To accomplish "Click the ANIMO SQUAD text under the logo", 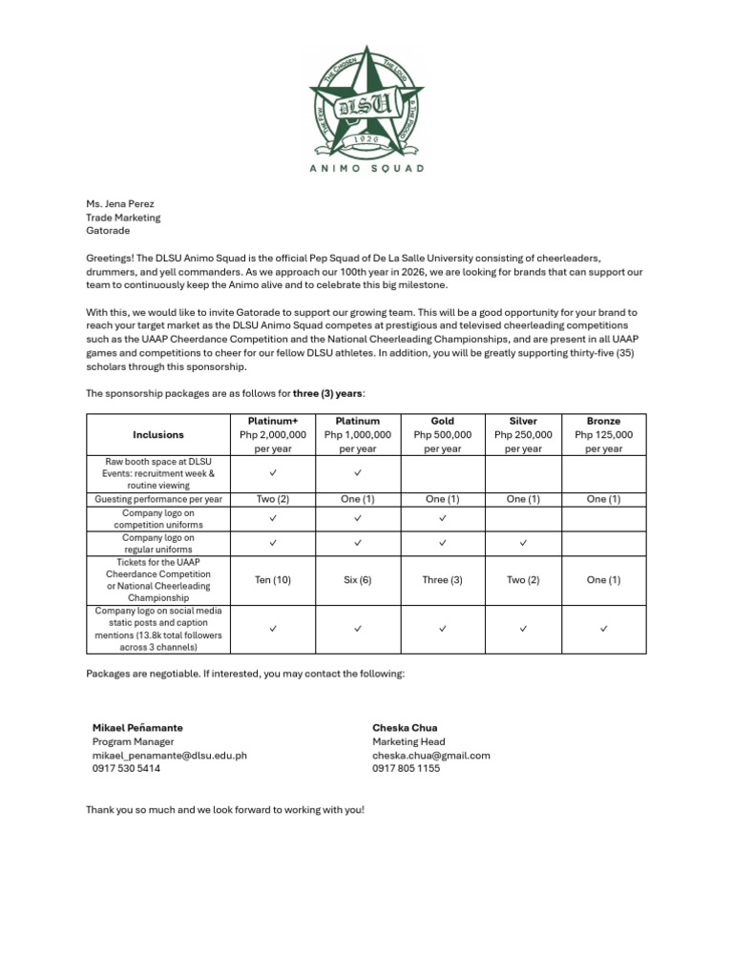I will (x=366, y=168).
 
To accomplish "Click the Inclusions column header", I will (x=158, y=434).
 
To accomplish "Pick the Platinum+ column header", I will (x=272, y=421).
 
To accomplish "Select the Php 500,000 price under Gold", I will (x=442, y=434).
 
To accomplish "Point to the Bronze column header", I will (x=603, y=421).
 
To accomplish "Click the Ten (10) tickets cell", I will (x=272, y=580).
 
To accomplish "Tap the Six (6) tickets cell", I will (x=357, y=580).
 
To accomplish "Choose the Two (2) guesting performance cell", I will (x=272, y=499).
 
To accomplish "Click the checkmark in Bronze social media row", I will (x=603, y=629).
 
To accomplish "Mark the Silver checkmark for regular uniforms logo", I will (x=523, y=544).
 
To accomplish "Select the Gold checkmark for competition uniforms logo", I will (x=442, y=518).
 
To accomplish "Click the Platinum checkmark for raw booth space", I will (x=357, y=473).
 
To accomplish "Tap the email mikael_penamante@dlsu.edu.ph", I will (x=169, y=755).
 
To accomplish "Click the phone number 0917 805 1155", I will (x=406, y=768).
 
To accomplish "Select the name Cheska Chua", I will (x=405, y=727).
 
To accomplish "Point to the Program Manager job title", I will (x=133, y=741).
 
